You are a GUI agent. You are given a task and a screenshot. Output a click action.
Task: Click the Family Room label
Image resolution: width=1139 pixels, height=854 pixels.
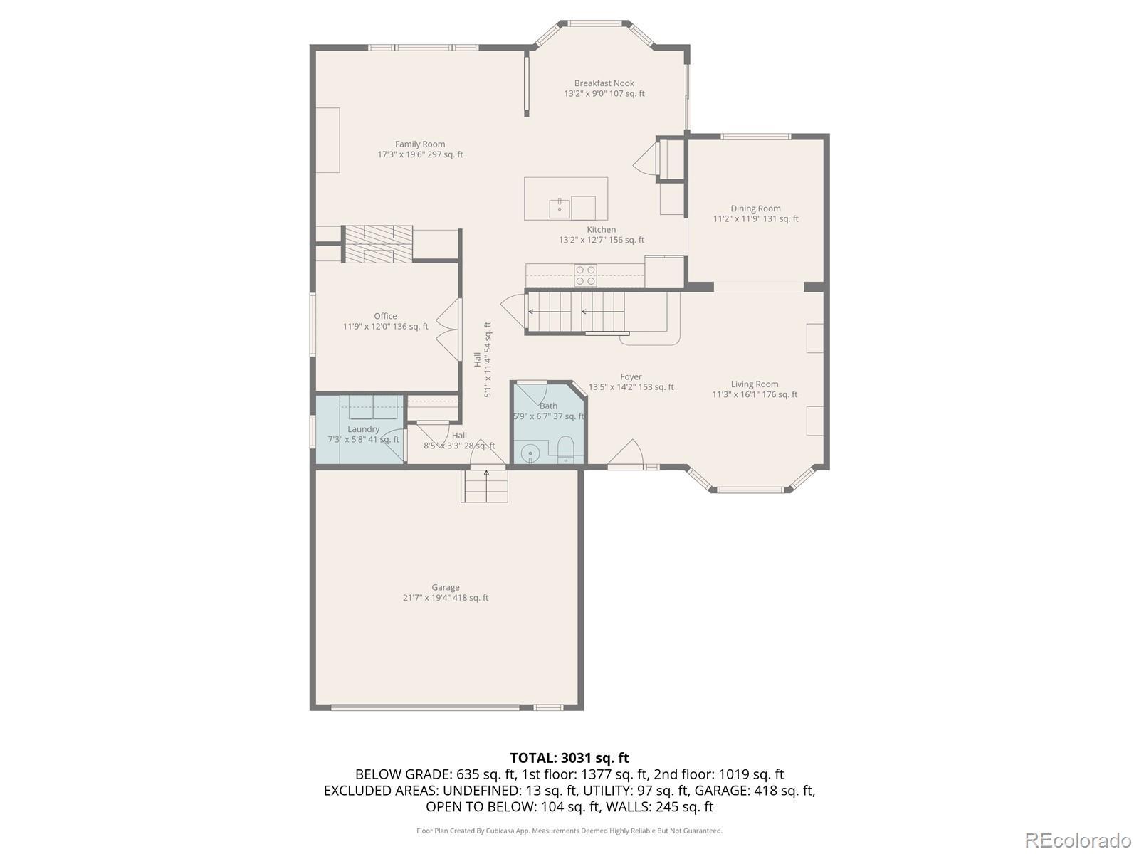pos(420,144)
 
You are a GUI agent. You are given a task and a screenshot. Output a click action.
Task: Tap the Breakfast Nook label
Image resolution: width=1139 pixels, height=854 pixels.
pos(604,83)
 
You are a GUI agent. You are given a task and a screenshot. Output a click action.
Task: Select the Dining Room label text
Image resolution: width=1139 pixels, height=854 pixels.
pos(755,209)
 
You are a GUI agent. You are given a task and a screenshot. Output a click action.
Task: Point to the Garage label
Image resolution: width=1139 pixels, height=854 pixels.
pos(445,588)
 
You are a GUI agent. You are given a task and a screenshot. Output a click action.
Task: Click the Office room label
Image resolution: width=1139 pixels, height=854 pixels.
pos(385,316)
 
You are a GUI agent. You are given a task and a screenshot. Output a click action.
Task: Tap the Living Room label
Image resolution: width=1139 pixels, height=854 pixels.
pos(755,384)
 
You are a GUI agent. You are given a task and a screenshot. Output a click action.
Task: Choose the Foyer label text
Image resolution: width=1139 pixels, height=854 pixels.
pos(631,377)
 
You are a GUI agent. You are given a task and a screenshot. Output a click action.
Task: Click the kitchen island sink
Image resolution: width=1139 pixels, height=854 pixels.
pos(560,208)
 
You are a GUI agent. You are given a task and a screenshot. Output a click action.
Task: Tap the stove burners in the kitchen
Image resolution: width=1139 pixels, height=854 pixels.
pos(585,275)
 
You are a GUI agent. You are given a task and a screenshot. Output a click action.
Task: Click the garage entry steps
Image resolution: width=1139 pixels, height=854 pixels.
pos(485,486)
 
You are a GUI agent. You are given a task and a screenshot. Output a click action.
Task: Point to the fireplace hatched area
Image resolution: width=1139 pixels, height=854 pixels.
pos(377,243)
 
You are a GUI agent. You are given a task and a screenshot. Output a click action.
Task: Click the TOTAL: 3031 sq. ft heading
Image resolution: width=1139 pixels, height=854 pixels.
pos(569,758)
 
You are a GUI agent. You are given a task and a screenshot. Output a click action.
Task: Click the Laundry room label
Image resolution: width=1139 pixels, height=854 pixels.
pos(363,429)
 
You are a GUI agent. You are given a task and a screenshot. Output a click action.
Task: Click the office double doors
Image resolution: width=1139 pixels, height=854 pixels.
pos(449,330)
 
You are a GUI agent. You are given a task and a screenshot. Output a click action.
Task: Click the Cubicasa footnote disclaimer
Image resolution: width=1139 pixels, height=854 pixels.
pos(569,831)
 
